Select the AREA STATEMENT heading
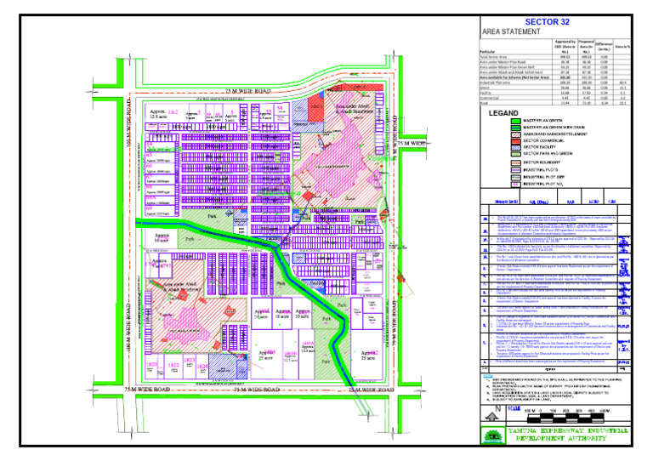pyautogui.click(x=511, y=31)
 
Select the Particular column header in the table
pyautogui.click(x=494, y=52)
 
